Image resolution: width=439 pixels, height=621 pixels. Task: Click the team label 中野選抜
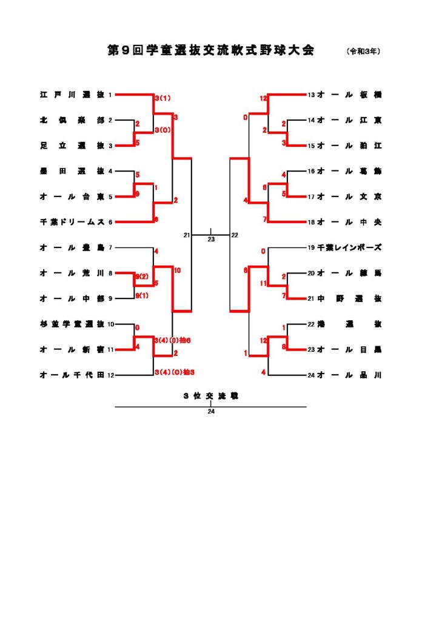(349, 298)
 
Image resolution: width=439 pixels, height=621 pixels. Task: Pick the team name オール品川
(349, 375)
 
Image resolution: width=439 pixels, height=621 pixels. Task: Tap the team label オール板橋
(349, 95)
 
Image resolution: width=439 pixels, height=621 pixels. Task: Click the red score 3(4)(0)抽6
(173, 340)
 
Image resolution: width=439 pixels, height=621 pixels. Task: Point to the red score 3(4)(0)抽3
(173, 372)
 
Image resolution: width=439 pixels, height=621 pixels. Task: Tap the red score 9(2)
(142, 276)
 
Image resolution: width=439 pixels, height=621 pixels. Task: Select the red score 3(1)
(162, 98)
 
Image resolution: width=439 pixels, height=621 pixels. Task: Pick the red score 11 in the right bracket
(263, 283)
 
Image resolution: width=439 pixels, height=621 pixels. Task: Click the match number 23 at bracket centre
(211, 240)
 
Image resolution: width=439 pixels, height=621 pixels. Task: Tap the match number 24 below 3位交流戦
(211, 412)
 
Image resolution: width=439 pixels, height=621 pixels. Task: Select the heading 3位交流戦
(211, 395)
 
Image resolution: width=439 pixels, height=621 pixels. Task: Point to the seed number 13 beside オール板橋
(311, 95)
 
